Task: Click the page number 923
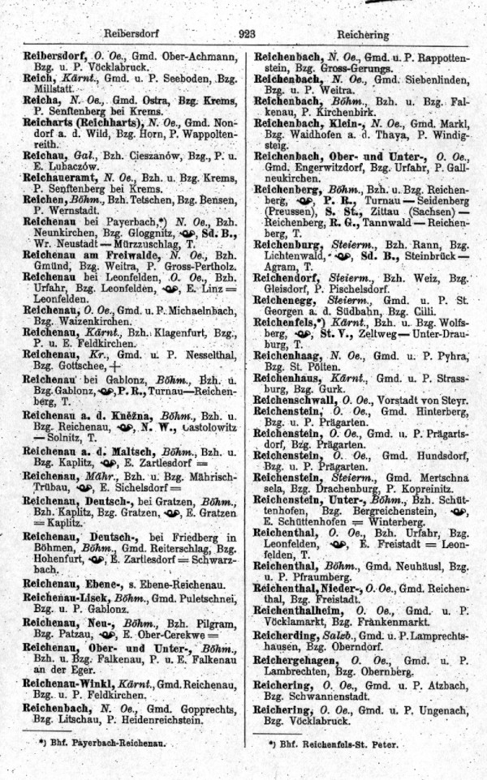248,34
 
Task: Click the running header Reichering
364,36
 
